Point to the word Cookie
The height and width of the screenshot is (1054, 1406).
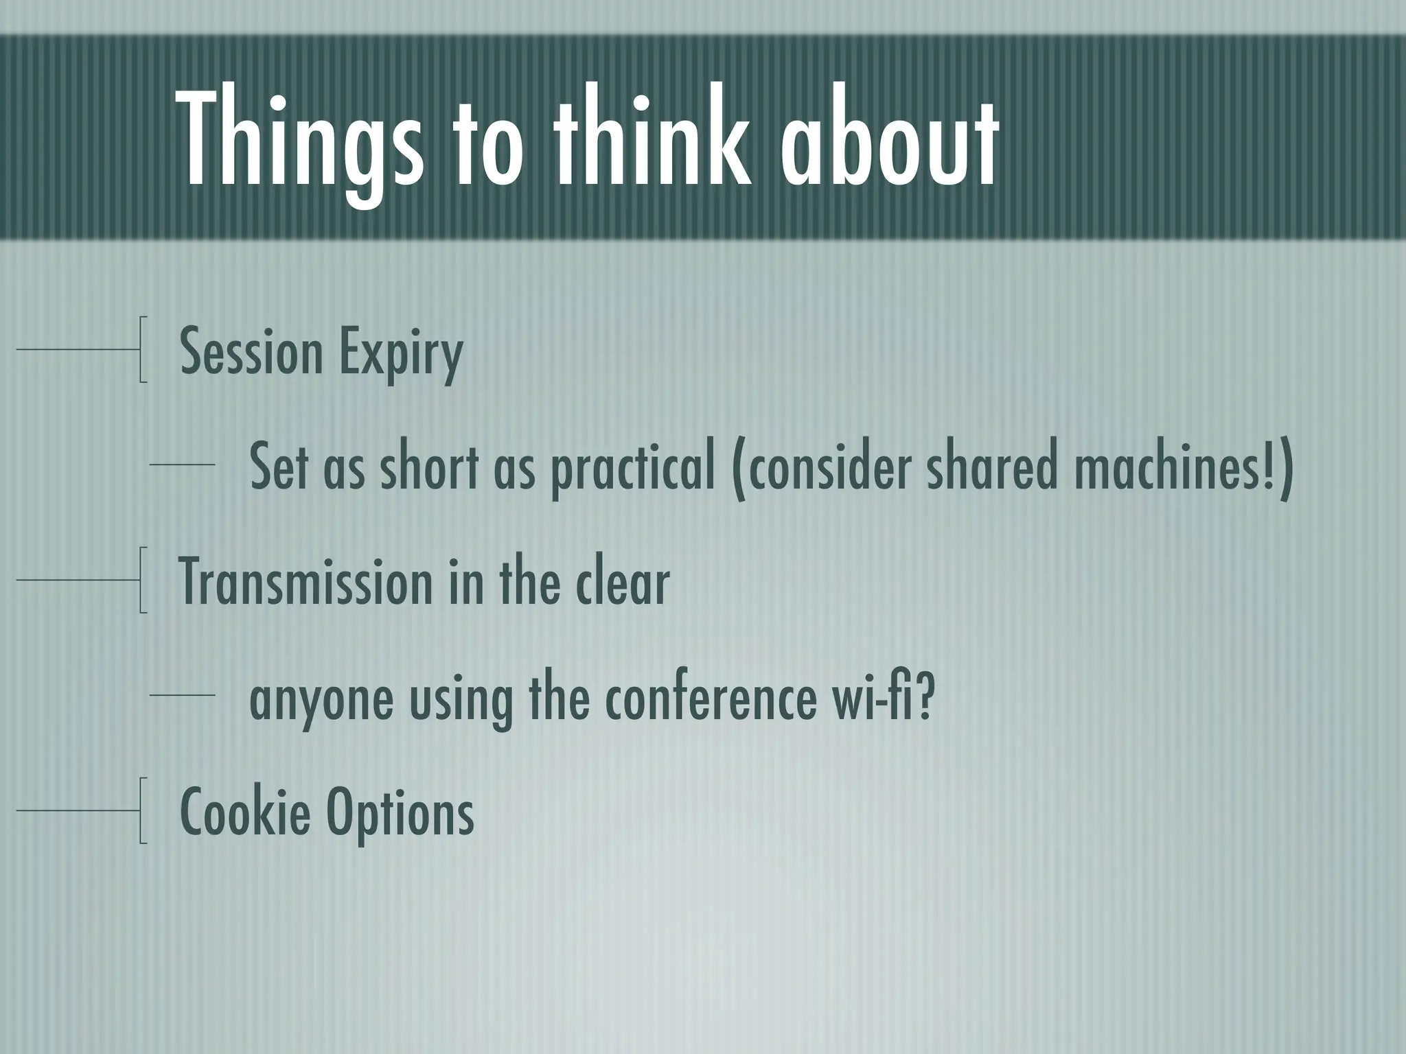244,811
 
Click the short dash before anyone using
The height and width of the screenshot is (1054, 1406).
183,696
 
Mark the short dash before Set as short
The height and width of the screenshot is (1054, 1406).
183,465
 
